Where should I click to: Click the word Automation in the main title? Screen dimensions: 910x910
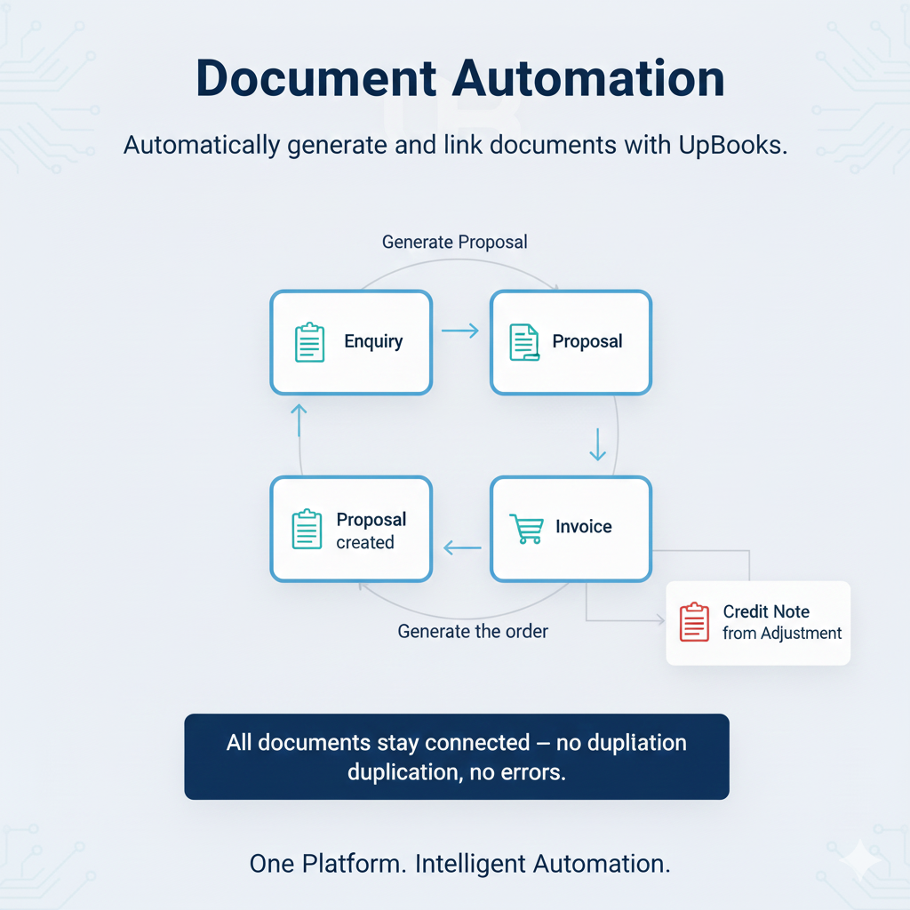pos(587,79)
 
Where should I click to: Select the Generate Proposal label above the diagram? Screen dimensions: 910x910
pos(454,242)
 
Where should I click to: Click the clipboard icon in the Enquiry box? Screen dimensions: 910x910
pos(308,342)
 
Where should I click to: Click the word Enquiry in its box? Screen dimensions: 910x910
pos(373,341)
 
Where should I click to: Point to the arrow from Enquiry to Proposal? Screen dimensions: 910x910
pos(460,331)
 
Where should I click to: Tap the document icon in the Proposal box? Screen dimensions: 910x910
pos(523,342)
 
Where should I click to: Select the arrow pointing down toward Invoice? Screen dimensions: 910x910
pos(598,444)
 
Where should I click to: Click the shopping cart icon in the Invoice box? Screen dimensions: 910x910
pos(525,528)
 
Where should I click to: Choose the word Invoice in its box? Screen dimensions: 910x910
pos(583,526)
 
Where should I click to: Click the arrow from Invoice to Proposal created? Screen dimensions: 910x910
pos(461,548)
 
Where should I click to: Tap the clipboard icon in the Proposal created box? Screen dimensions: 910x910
pos(307,529)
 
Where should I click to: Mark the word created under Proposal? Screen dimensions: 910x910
pos(364,542)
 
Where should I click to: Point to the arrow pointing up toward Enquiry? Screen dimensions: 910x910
pos(299,419)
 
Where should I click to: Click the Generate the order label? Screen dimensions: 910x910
pos(473,631)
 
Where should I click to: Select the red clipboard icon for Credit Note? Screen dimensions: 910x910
pos(694,622)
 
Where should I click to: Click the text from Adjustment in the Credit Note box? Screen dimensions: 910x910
pos(781,633)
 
